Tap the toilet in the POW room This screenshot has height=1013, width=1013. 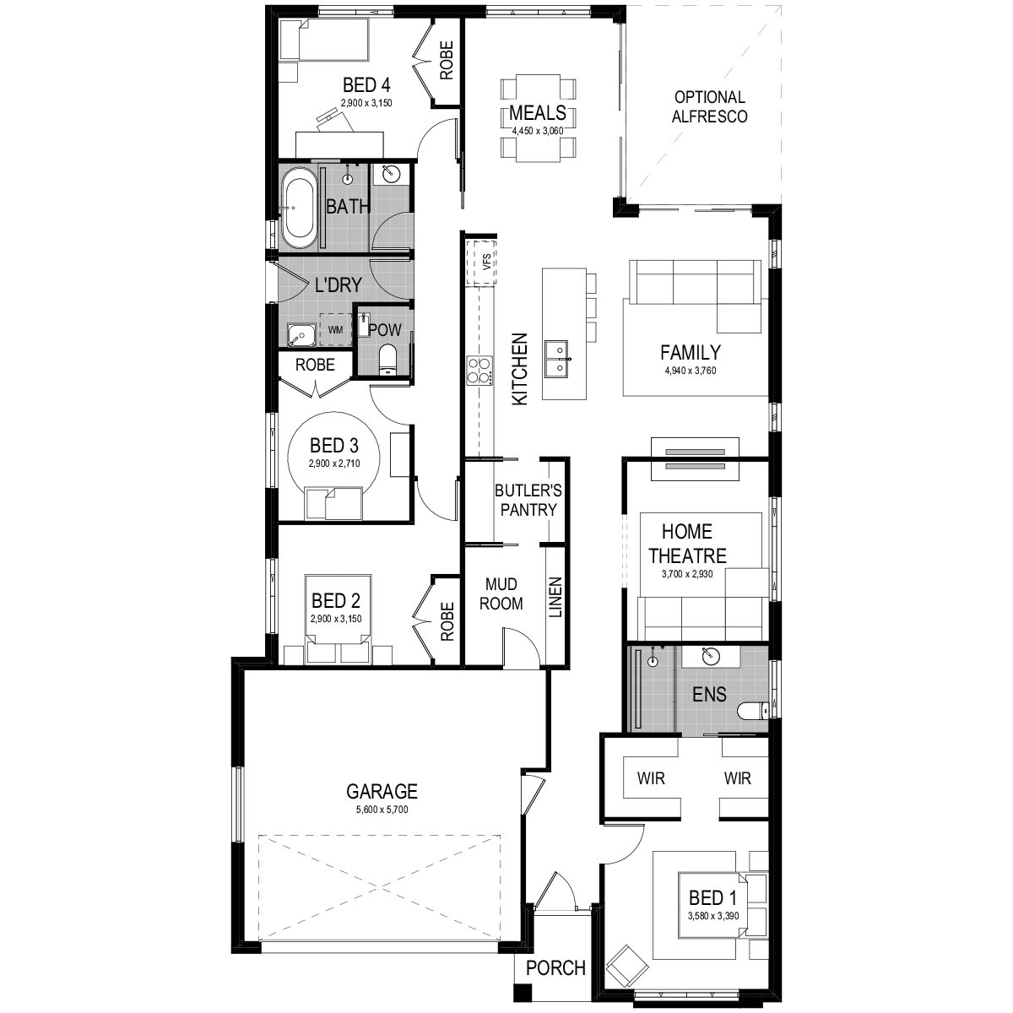pyautogui.click(x=388, y=360)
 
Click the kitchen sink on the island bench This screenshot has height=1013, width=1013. pyautogui.click(x=558, y=359)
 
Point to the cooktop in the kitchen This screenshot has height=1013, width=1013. pyautogui.click(x=479, y=370)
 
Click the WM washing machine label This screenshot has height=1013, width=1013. pyautogui.click(x=335, y=329)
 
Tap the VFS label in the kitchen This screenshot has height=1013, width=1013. pyautogui.click(x=487, y=261)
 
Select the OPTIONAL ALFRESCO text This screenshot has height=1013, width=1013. pyautogui.click(x=709, y=106)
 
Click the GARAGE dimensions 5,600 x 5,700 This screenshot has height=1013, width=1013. pyautogui.click(x=382, y=810)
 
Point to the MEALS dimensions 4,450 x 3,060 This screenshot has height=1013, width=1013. pyautogui.click(x=538, y=131)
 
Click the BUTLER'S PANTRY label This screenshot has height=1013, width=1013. pyautogui.click(x=528, y=500)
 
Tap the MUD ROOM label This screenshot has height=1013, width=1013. pyautogui.click(x=501, y=594)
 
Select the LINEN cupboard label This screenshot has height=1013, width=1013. pyautogui.click(x=555, y=597)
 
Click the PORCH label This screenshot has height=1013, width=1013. pyautogui.click(x=555, y=967)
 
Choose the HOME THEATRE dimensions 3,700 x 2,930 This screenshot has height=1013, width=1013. pyautogui.click(x=687, y=573)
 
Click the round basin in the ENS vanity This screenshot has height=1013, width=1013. pyautogui.click(x=710, y=656)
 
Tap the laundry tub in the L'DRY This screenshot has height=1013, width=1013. pyautogui.click(x=301, y=334)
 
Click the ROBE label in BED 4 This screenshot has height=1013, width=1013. pyautogui.click(x=446, y=61)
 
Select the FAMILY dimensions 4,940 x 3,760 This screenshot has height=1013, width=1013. pyautogui.click(x=691, y=371)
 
